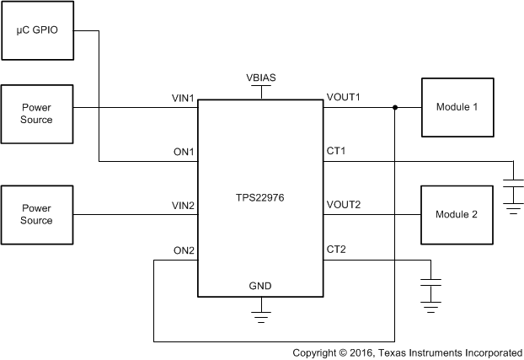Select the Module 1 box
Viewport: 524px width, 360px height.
tap(457, 107)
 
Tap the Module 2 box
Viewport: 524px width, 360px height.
tap(457, 215)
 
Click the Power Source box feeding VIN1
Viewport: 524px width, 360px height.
tap(37, 114)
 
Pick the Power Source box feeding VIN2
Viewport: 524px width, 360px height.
tap(37, 215)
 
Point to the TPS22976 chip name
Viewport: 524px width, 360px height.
tap(260, 205)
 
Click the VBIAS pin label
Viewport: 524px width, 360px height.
tap(261, 78)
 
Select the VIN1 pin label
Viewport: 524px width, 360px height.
tap(183, 99)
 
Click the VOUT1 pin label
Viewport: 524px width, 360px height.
tap(343, 99)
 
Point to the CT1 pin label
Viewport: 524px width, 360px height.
tap(336, 152)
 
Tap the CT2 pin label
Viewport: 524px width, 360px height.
tap(336, 251)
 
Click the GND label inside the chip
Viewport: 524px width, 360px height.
tap(260, 287)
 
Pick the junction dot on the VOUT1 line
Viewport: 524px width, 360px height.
tap(395, 108)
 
